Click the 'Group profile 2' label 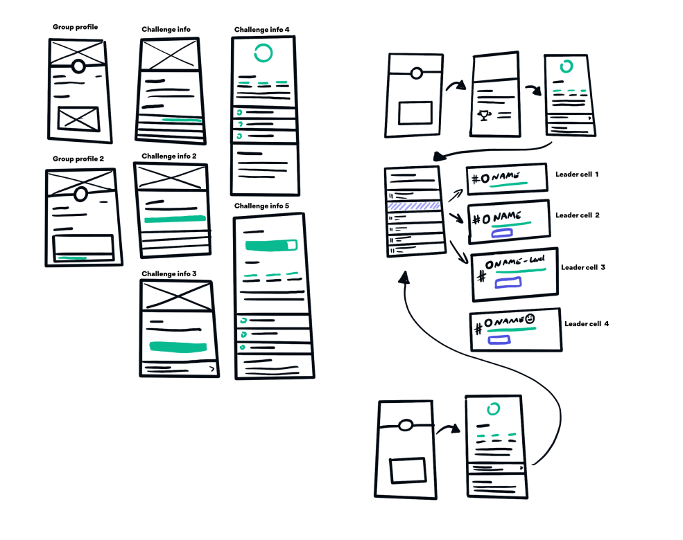(78, 159)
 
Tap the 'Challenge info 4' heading (262, 30)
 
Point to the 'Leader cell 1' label (577, 174)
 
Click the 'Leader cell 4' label (587, 323)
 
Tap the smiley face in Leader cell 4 (530, 319)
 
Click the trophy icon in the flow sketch (485, 115)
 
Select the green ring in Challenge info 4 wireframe (263, 53)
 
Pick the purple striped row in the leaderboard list (414, 206)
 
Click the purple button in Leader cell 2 (503, 234)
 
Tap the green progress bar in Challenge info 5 (271, 245)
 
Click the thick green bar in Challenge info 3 (178, 346)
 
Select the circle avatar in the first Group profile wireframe (78, 66)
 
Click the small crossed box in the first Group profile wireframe (78, 118)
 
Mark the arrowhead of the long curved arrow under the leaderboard (404, 277)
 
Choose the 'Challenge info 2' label (169, 156)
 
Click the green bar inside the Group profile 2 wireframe (72, 258)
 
